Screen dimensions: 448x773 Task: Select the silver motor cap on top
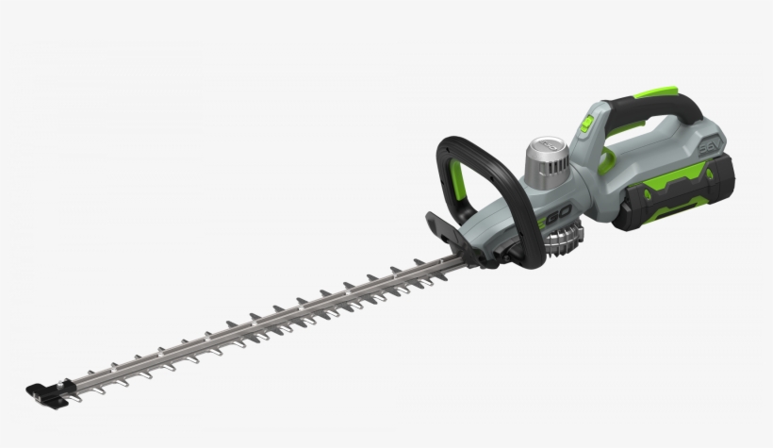(544, 156)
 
